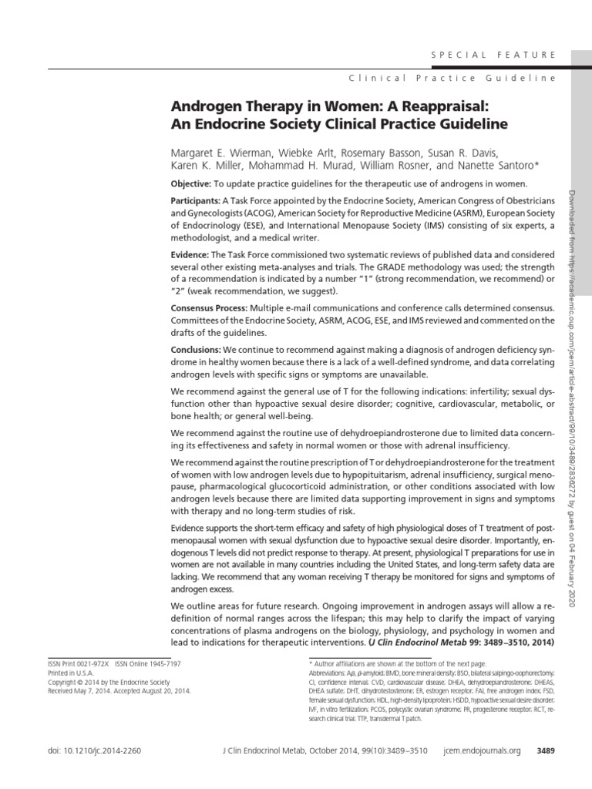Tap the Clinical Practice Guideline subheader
[x=452, y=79]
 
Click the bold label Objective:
[x=190, y=184]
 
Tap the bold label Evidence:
[x=189, y=256]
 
